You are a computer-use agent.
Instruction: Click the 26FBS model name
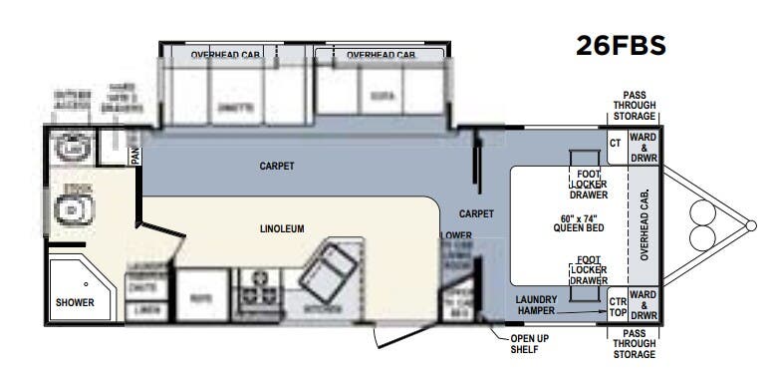pyautogui.click(x=620, y=46)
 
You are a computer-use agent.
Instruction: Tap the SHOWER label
pyautogui.click(x=74, y=302)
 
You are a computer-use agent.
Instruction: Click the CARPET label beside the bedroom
pyautogui.click(x=477, y=213)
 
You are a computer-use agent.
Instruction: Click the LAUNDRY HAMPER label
pyautogui.click(x=542, y=304)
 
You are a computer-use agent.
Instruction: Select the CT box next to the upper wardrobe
pyautogui.click(x=615, y=143)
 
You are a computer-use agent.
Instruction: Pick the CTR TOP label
pyautogui.click(x=617, y=306)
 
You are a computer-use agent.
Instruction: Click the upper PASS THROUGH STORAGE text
pyautogui.click(x=635, y=105)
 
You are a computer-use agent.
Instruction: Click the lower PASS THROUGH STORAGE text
pyautogui.click(x=635, y=345)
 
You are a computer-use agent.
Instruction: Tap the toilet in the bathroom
pyautogui.click(x=73, y=209)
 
